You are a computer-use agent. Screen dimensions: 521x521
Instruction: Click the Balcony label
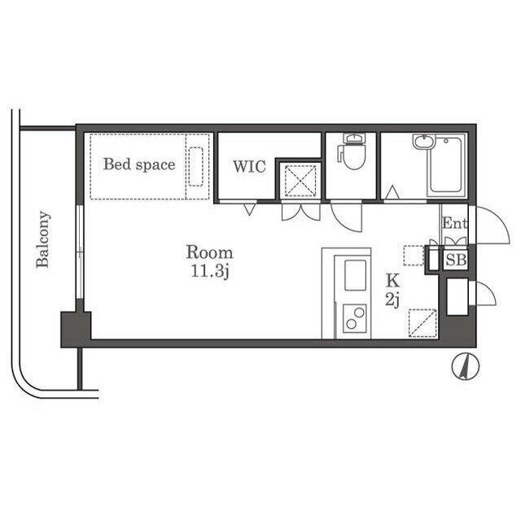(43, 239)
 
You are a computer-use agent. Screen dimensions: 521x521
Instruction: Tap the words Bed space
(139, 164)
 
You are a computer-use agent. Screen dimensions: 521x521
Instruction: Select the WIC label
(249, 166)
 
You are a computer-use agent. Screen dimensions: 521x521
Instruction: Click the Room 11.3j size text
(209, 261)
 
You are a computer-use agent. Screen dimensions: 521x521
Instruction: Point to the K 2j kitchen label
(392, 291)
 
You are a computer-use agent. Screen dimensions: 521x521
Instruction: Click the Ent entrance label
(454, 223)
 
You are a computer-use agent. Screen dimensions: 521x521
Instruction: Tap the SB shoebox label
(456, 260)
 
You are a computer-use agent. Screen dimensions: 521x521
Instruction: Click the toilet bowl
(353, 155)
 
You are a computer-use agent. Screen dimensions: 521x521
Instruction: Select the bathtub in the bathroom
(445, 164)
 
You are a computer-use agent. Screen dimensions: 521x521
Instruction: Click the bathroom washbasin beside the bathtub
(423, 142)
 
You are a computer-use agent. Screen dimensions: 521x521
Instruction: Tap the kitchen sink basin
(355, 275)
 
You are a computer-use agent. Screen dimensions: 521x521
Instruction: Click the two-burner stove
(355, 317)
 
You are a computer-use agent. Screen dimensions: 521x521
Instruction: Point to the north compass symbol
(466, 366)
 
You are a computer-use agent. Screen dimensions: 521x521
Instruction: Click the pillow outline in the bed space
(195, 166)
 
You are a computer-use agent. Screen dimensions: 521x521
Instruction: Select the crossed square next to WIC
(300, 181)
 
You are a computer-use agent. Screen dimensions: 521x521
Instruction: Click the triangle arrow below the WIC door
(248, 210)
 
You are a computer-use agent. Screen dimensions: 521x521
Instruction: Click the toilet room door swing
(346, 217)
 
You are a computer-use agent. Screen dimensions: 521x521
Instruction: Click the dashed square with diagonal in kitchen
(422, 323)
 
